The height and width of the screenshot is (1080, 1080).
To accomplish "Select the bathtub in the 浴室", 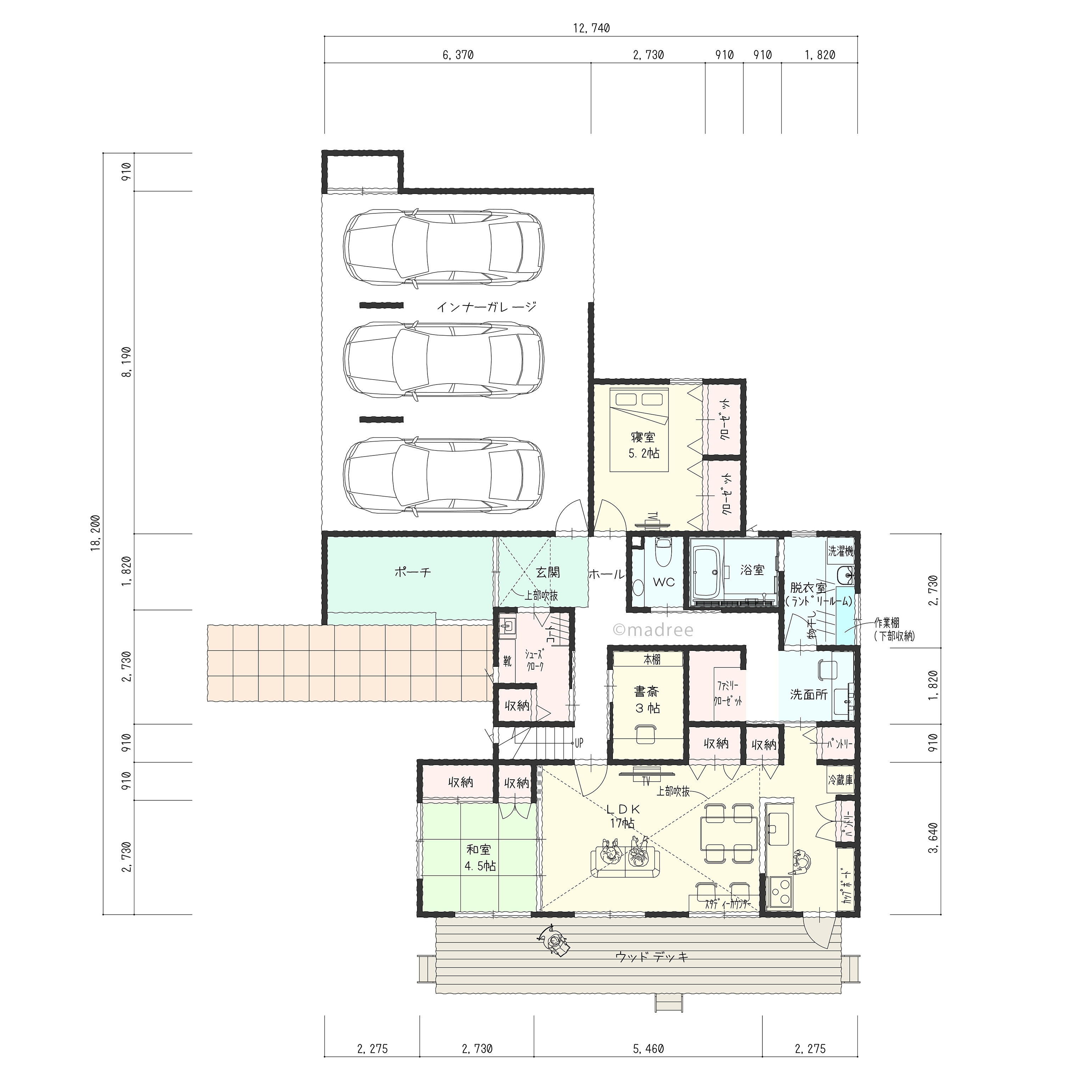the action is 708,571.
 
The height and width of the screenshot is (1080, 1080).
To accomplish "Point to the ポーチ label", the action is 413,571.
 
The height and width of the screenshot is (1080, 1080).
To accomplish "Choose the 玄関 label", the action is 548,572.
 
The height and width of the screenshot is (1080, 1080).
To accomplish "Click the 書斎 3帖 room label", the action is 647,700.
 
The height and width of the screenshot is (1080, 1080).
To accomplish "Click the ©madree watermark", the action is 653,630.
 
